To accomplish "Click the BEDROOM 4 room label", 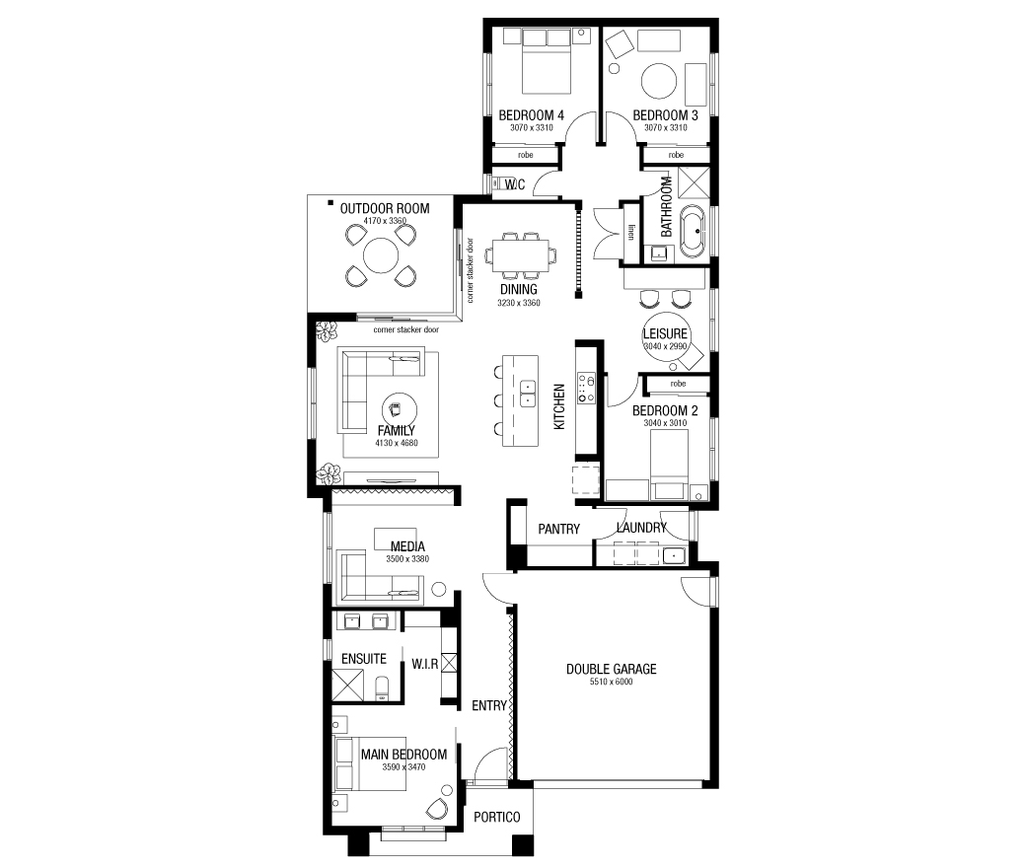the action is point(531,115).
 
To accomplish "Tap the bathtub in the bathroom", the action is point(693,232).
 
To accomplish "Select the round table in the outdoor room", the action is point(380,255).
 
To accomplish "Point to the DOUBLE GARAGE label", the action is point(611,669).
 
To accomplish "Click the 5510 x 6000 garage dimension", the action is point(611,682).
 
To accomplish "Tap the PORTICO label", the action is point(496,817).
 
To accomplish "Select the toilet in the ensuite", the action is point(382,688).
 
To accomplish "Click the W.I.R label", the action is point(424,664).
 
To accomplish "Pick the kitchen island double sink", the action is point(528,393).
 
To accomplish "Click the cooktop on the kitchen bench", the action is point(586,388).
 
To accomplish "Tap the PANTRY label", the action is point(558,529).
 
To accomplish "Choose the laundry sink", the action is point(673,556).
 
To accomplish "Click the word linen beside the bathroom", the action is point(631,232).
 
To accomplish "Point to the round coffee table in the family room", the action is point(399,410).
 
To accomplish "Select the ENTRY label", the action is point(488,705).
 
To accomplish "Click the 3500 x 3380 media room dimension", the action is point(407,558).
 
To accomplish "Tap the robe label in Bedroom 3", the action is point(676,155).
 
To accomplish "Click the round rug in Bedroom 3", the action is point(659,81).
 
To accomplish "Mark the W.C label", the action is point(514,184).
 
